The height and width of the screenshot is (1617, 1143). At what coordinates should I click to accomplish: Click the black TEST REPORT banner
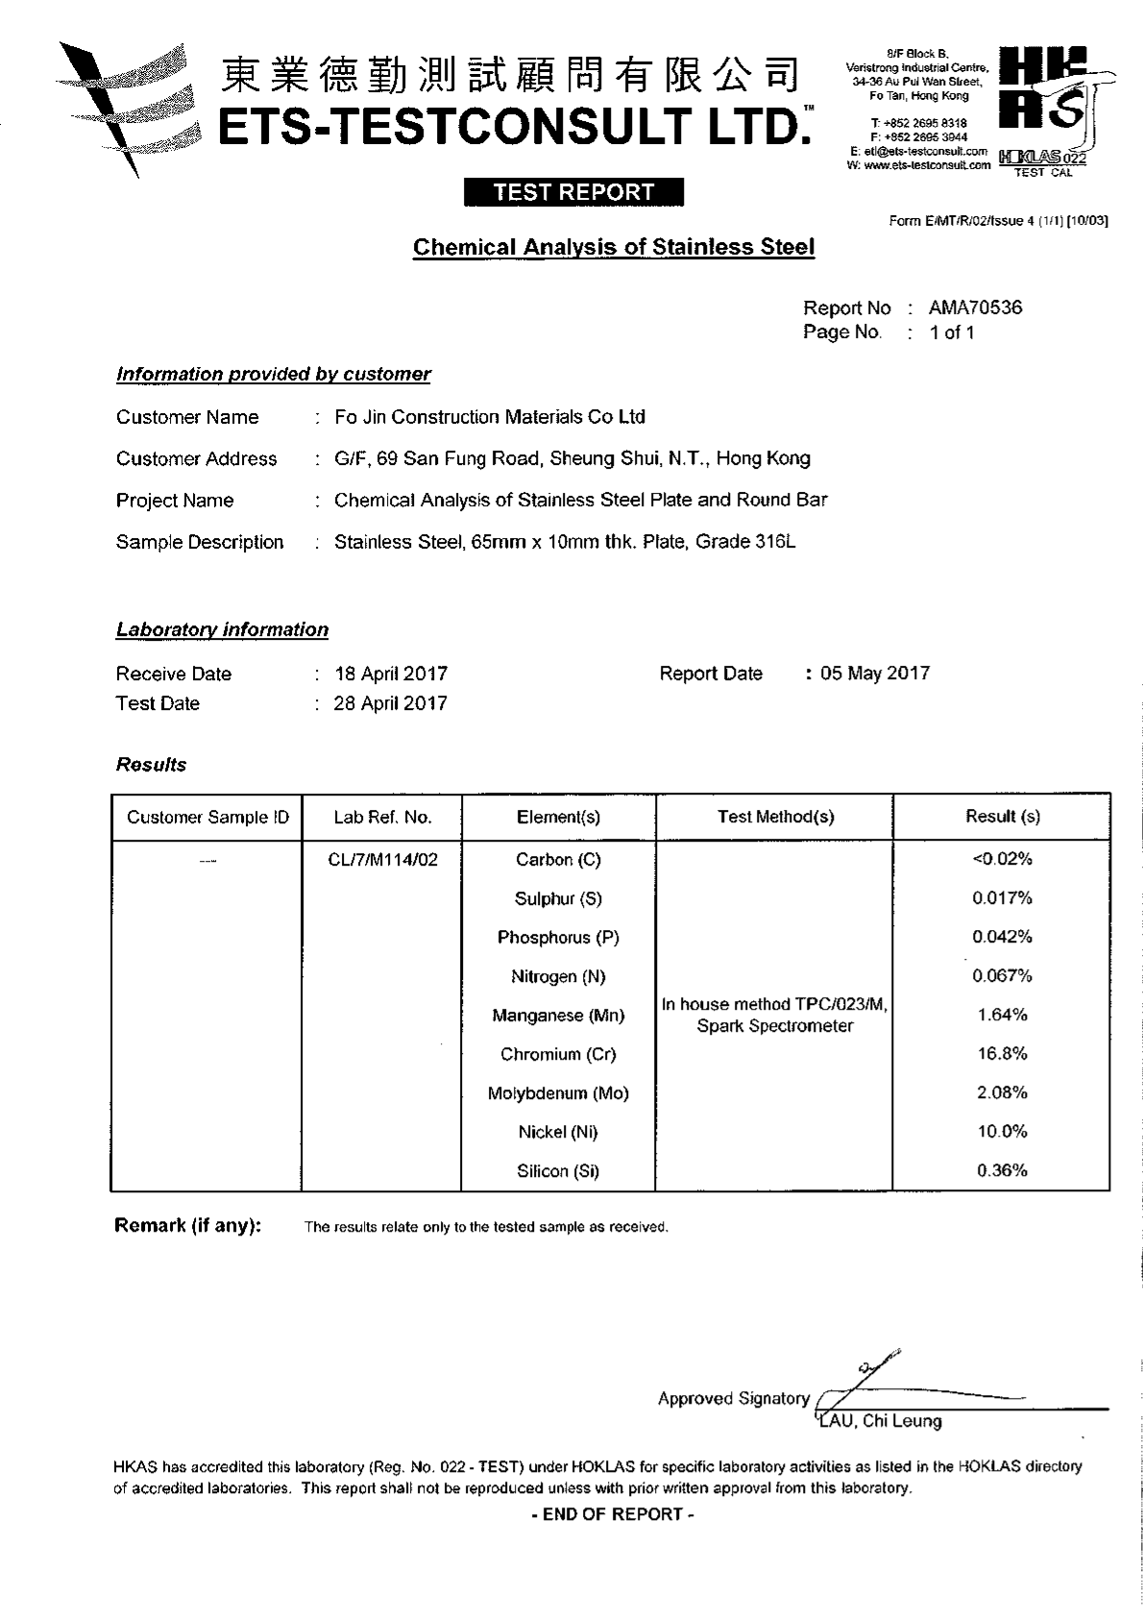[x=573, y=192]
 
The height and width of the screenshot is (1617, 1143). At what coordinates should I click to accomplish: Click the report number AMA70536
[x=975, y=307]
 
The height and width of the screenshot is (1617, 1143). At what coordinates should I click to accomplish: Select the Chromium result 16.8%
[x=1002, y=1053]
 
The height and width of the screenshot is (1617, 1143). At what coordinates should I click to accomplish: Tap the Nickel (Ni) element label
[x=557, y=1132]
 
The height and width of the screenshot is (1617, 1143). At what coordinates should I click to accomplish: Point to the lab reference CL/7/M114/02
[x=382, y=860]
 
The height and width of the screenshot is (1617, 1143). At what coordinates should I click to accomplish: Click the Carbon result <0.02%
[x=1002, y=859]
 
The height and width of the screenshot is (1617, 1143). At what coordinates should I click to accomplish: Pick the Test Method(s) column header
[x=775, y=817]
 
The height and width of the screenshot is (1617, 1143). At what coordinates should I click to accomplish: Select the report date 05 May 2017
[x=874, y=673]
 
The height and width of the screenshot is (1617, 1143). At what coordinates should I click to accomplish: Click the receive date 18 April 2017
[x=390, y=674]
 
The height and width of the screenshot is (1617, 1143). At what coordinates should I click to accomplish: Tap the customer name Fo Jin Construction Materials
[x=489, y=417]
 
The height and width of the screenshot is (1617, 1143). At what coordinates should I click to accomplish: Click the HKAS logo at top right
[x=1046, y=106]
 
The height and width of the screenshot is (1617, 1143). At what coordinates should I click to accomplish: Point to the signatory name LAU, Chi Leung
[x=879, y=1421]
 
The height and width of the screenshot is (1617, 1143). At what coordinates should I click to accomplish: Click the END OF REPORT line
[x=612, y=1514]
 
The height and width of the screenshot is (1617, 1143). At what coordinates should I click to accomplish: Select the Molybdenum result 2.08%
[x=1002, y=1092]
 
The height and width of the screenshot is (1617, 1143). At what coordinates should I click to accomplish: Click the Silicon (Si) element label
[x=557, y=1171]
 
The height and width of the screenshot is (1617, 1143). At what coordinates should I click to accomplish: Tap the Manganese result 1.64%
[x=1002, y=1015]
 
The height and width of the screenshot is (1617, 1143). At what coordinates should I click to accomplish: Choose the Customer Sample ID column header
[x=207, y=817]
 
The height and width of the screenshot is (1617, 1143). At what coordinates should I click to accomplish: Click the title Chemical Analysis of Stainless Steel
[x=613, y=247]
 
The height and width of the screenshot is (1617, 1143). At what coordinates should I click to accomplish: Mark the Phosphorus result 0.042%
[x=1002, y=937]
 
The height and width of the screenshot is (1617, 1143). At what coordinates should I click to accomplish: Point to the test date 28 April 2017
[x=390, y=703]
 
